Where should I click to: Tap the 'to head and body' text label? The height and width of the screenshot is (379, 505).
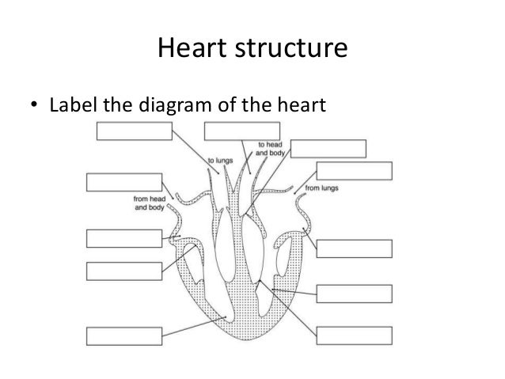[x=271, y=148]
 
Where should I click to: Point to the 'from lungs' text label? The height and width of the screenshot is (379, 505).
[x=322, y=189]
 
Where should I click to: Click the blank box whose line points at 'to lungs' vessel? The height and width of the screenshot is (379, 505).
[x=132, y=132]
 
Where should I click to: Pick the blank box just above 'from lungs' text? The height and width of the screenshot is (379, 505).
[x=354, y=171]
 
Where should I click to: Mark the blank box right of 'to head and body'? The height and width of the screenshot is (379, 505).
[x=328, y=149]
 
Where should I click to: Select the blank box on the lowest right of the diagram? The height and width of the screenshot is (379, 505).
[x=353, y=335]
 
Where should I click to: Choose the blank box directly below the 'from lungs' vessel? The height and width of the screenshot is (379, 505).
[x=353, y=248]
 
